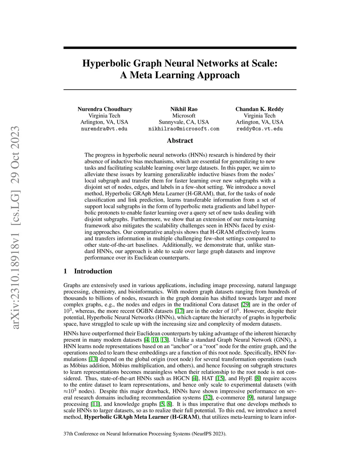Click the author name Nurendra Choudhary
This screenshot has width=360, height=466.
tap(105, 109)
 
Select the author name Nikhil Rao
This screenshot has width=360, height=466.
tap(184, 109)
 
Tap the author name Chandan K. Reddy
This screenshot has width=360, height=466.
tap(259, 109)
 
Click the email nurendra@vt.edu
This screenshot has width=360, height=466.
tap(104, 129)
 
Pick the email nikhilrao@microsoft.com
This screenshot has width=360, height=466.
tap(184, 129)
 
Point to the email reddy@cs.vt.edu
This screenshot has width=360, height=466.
tap(259, 129)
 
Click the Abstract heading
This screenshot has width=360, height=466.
tap(180, 141)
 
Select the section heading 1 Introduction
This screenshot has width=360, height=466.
tap(88, 271)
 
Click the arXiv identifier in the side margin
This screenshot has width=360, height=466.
tap(15, 228)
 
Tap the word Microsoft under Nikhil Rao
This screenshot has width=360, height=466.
tap(184, 116)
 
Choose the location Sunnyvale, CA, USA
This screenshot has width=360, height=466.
tap(184, 122)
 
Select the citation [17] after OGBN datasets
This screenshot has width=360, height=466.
tap(180, 311)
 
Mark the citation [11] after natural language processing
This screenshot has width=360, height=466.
tap(95, 404)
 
